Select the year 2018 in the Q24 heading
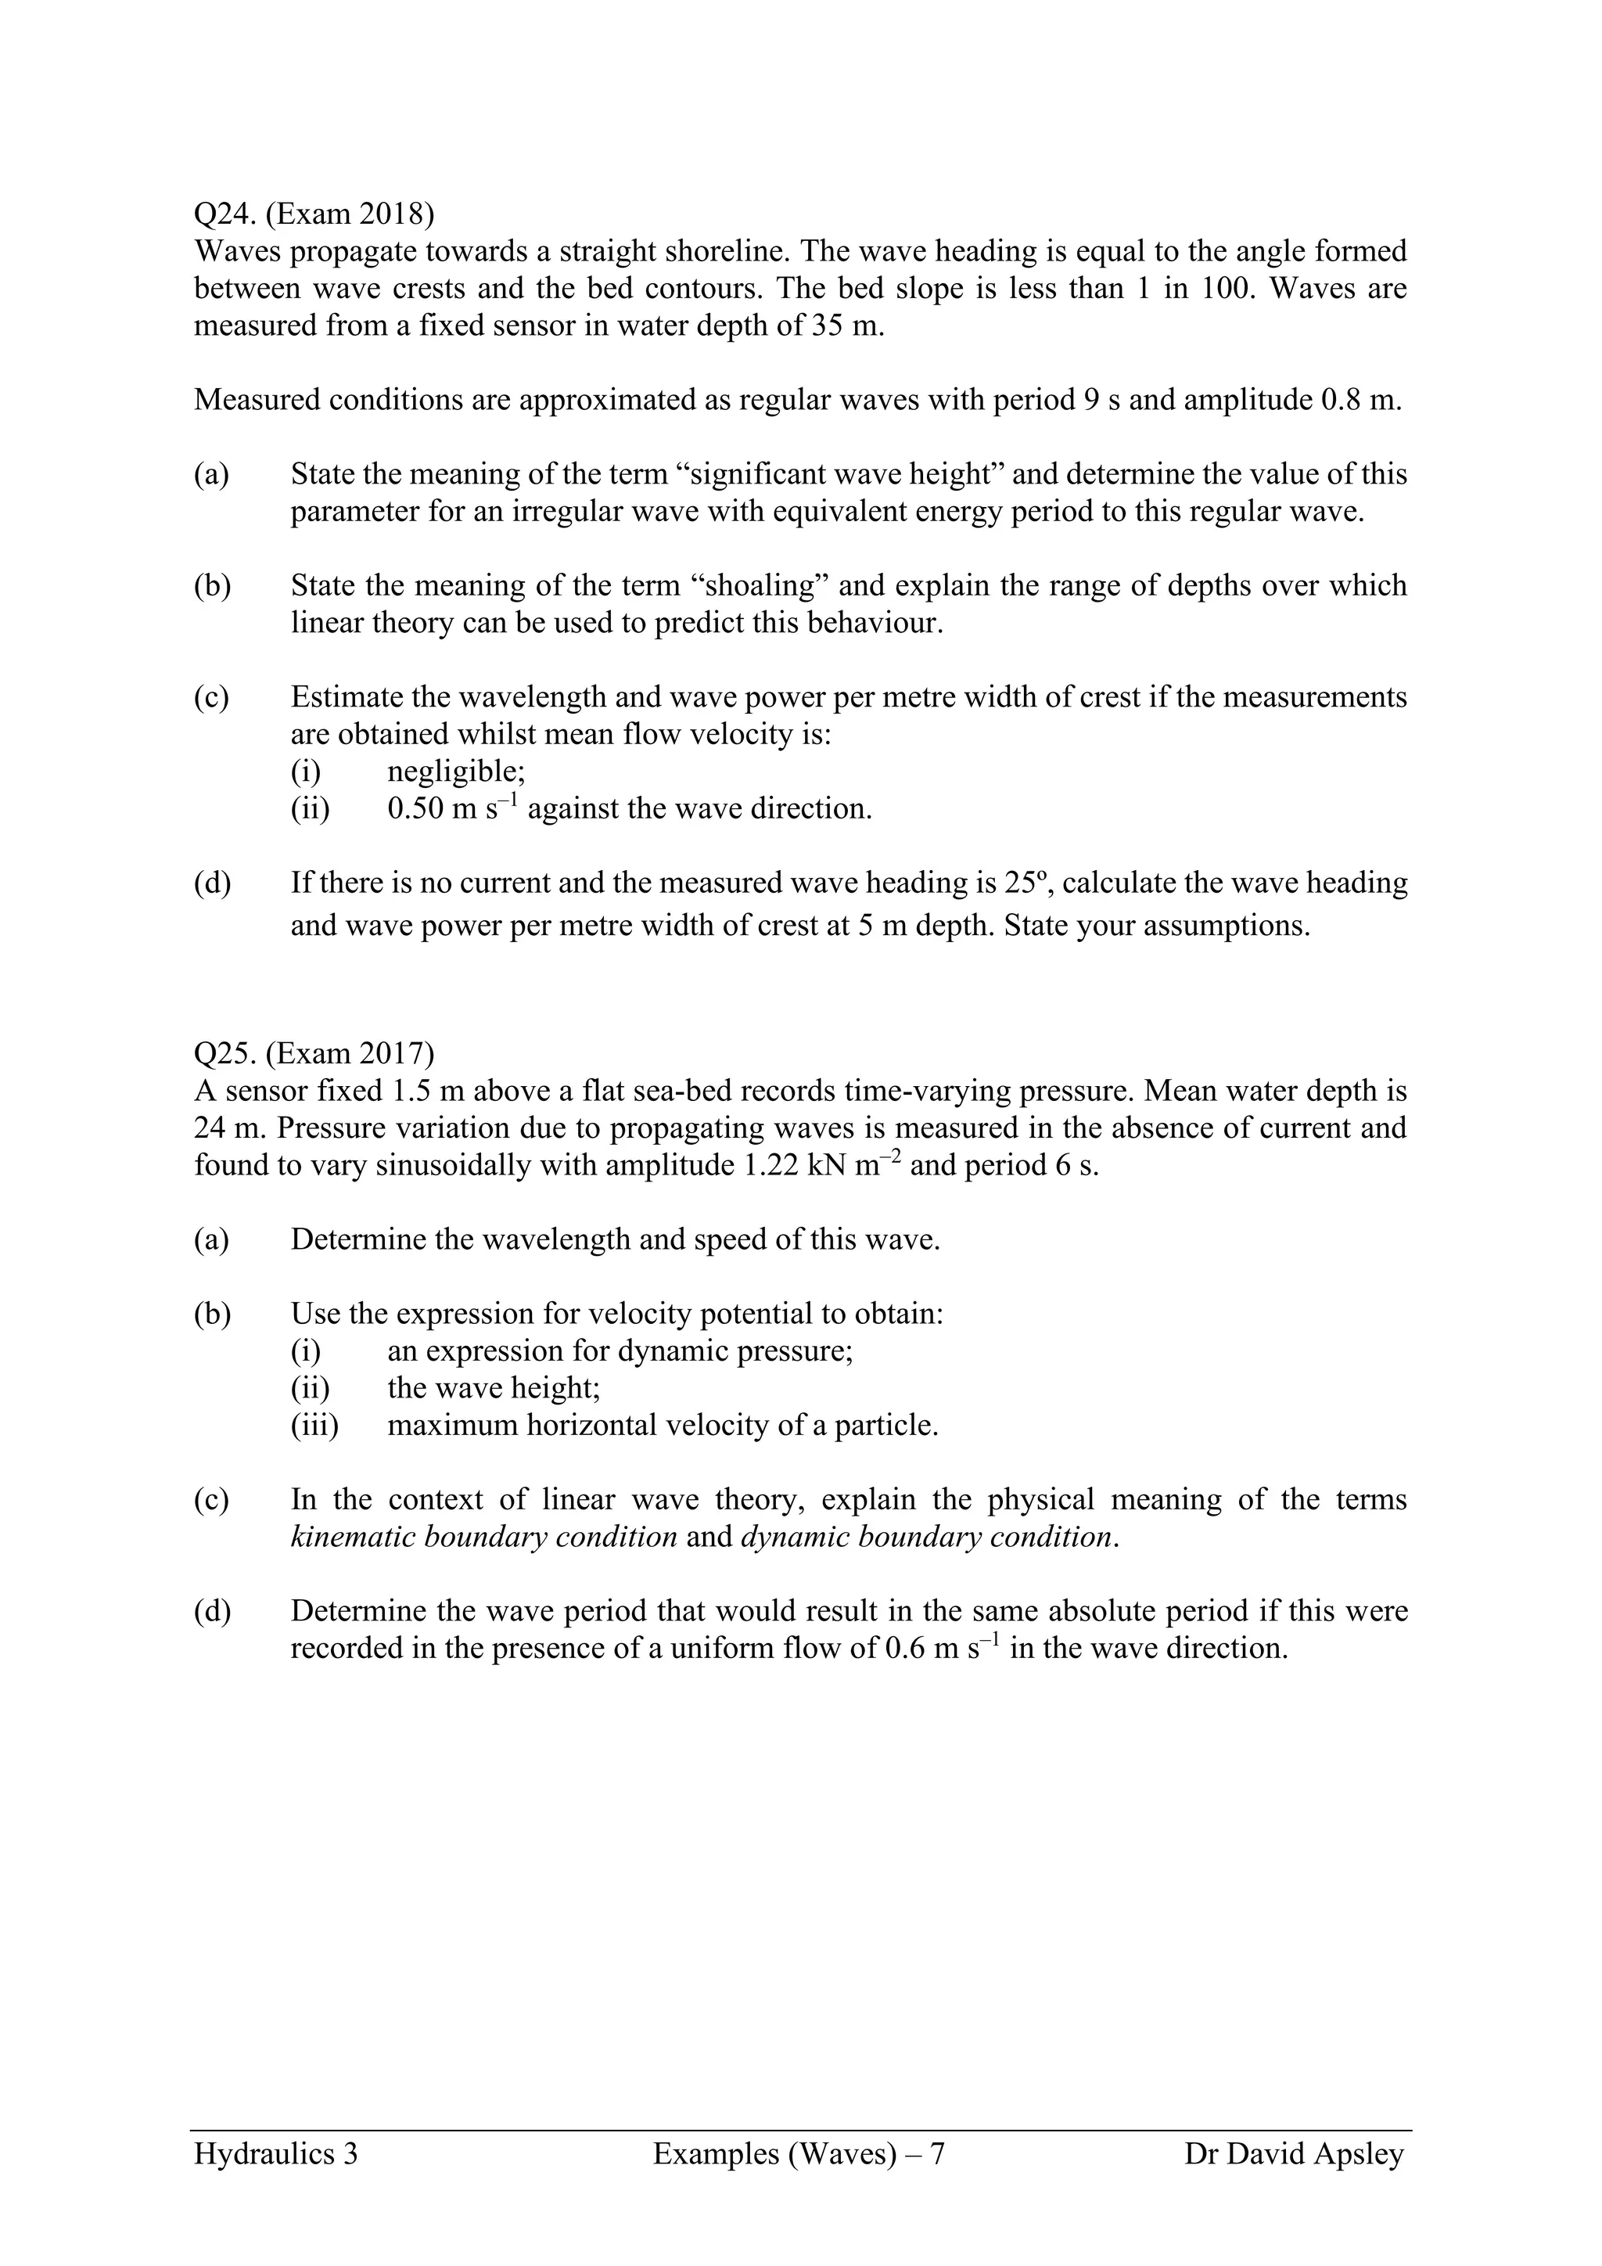[x=386, y=214]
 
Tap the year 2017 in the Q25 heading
[x=386, y=1054]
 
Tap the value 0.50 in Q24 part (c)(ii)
[x=415, y=809]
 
